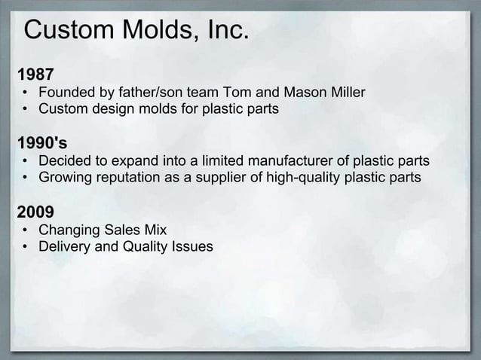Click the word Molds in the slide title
[x=156, y=32]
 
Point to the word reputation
[x=133, y=178]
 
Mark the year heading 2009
[x=35, y=212]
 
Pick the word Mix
[x=156, y=230]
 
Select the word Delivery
[x=66, y=246]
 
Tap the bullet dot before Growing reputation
[x=26, y=178]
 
